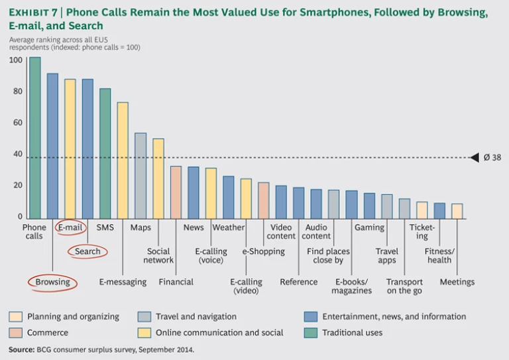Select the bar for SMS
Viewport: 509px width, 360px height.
[105, 153]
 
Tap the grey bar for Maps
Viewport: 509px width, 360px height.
[141, 176]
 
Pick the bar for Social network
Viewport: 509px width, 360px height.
[158, 178]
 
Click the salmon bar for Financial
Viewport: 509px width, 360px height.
[176, 192]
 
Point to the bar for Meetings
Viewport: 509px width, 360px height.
[457, 211]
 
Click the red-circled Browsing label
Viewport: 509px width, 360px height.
[52, 282]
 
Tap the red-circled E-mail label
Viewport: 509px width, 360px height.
[70, 227]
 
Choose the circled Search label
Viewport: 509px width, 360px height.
[87, 251]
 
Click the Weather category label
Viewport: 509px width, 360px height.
[229, 227]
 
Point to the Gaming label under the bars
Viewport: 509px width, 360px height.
[369, 227]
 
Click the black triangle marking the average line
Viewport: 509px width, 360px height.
[475, 158]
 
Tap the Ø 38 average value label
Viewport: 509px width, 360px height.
[492, 158]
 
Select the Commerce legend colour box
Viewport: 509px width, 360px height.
[16, 332]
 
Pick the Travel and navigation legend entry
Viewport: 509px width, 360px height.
[196, 316]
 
